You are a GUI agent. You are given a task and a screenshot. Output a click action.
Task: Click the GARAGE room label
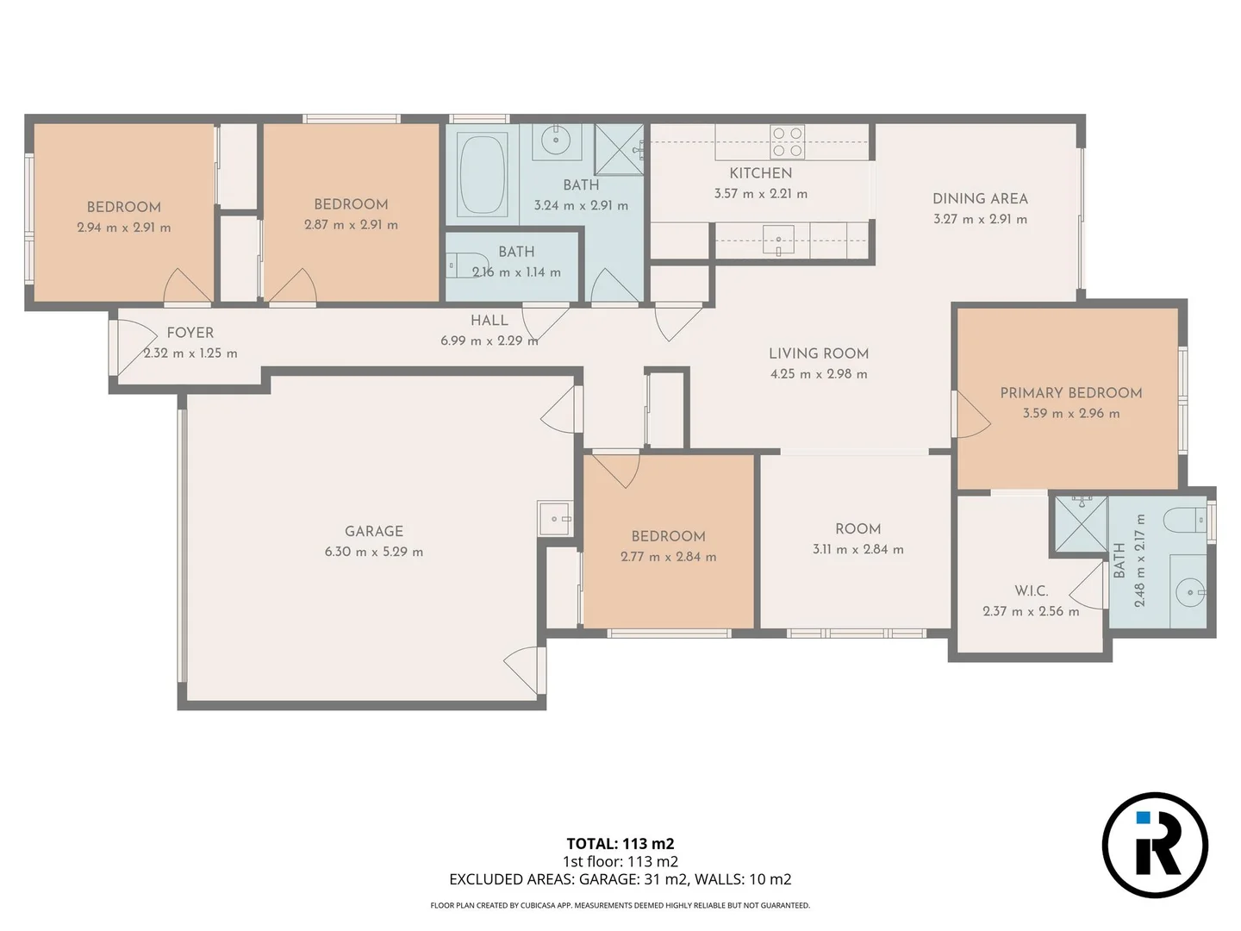pos(373,531)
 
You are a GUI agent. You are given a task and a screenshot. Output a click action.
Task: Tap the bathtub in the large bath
pos(483,172)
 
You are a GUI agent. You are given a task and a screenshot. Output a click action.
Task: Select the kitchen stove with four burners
pos(787,142)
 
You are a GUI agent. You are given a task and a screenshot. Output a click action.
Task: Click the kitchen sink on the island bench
pos(778,241)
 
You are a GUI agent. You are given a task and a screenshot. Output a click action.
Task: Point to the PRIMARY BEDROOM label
pos(1070,392)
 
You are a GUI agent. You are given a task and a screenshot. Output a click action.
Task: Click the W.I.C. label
pos(1031,590)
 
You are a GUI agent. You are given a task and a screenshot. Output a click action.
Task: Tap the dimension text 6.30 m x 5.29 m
pos(373,552)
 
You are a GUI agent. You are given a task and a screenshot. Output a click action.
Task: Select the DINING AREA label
pos(980,198)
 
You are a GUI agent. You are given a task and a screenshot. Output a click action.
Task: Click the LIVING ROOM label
pos(818,353)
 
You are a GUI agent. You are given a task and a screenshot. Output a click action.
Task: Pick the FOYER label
pos(190,333)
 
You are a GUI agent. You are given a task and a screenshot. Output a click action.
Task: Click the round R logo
pos(1155,845)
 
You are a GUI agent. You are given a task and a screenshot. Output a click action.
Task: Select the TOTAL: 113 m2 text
pos(620,844)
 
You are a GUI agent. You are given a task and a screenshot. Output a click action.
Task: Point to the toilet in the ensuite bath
pos(1184,520)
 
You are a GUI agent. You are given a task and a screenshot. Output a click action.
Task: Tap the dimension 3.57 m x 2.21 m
pos(760,194)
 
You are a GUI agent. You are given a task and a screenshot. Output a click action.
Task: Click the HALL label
pos(489,320)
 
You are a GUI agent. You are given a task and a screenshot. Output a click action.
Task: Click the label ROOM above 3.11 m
pos(857,528)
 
